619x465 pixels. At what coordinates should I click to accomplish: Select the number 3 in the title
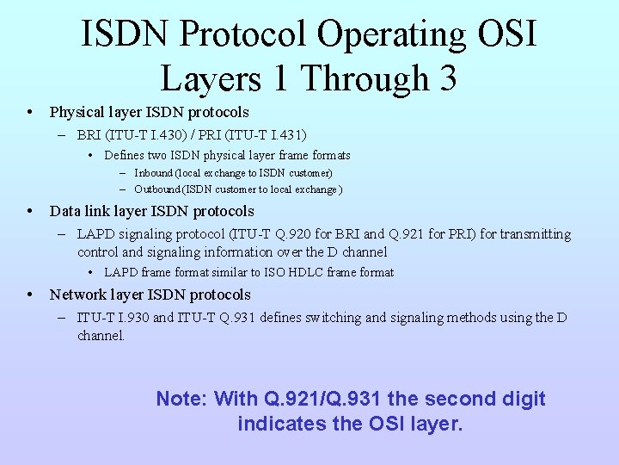pos(446,79)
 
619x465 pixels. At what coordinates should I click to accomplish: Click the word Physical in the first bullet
pos(76,112)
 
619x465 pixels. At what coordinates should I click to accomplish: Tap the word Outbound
pos(157,189)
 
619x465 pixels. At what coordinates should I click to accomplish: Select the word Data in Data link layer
pos(64,211)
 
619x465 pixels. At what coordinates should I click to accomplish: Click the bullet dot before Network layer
pos(30,294)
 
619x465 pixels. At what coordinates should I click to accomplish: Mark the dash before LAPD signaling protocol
pos(64,234)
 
